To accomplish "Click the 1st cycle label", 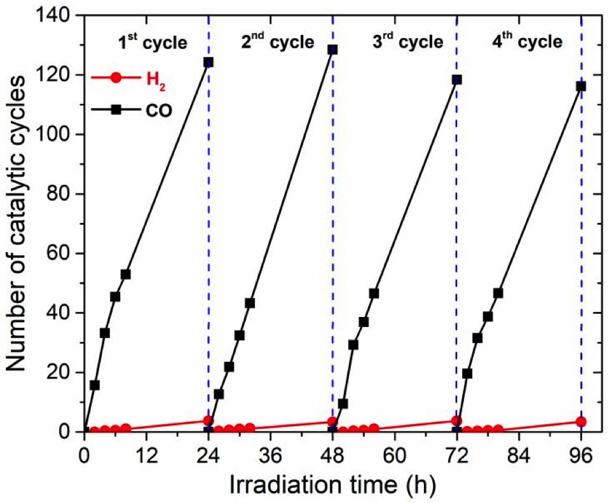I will (x=153, y=43).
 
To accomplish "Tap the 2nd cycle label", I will (x=278, y=43).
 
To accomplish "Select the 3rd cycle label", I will (x=407, y=43).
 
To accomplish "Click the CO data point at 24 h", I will (x=208, y=62).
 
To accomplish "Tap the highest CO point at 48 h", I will (x=332, y=50).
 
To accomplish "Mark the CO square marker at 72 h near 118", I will (x=456, y=80).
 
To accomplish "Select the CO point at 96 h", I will (x=580, y=86).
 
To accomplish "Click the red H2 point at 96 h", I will (x=580, y=422).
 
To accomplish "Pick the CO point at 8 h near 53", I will (x=126, y=274).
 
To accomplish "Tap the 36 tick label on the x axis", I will (x=270, y=456).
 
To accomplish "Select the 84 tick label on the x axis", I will (x=519, y=456).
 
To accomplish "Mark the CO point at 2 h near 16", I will (x=95, y=385).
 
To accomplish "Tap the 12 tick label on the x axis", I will (x=146, y=456).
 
